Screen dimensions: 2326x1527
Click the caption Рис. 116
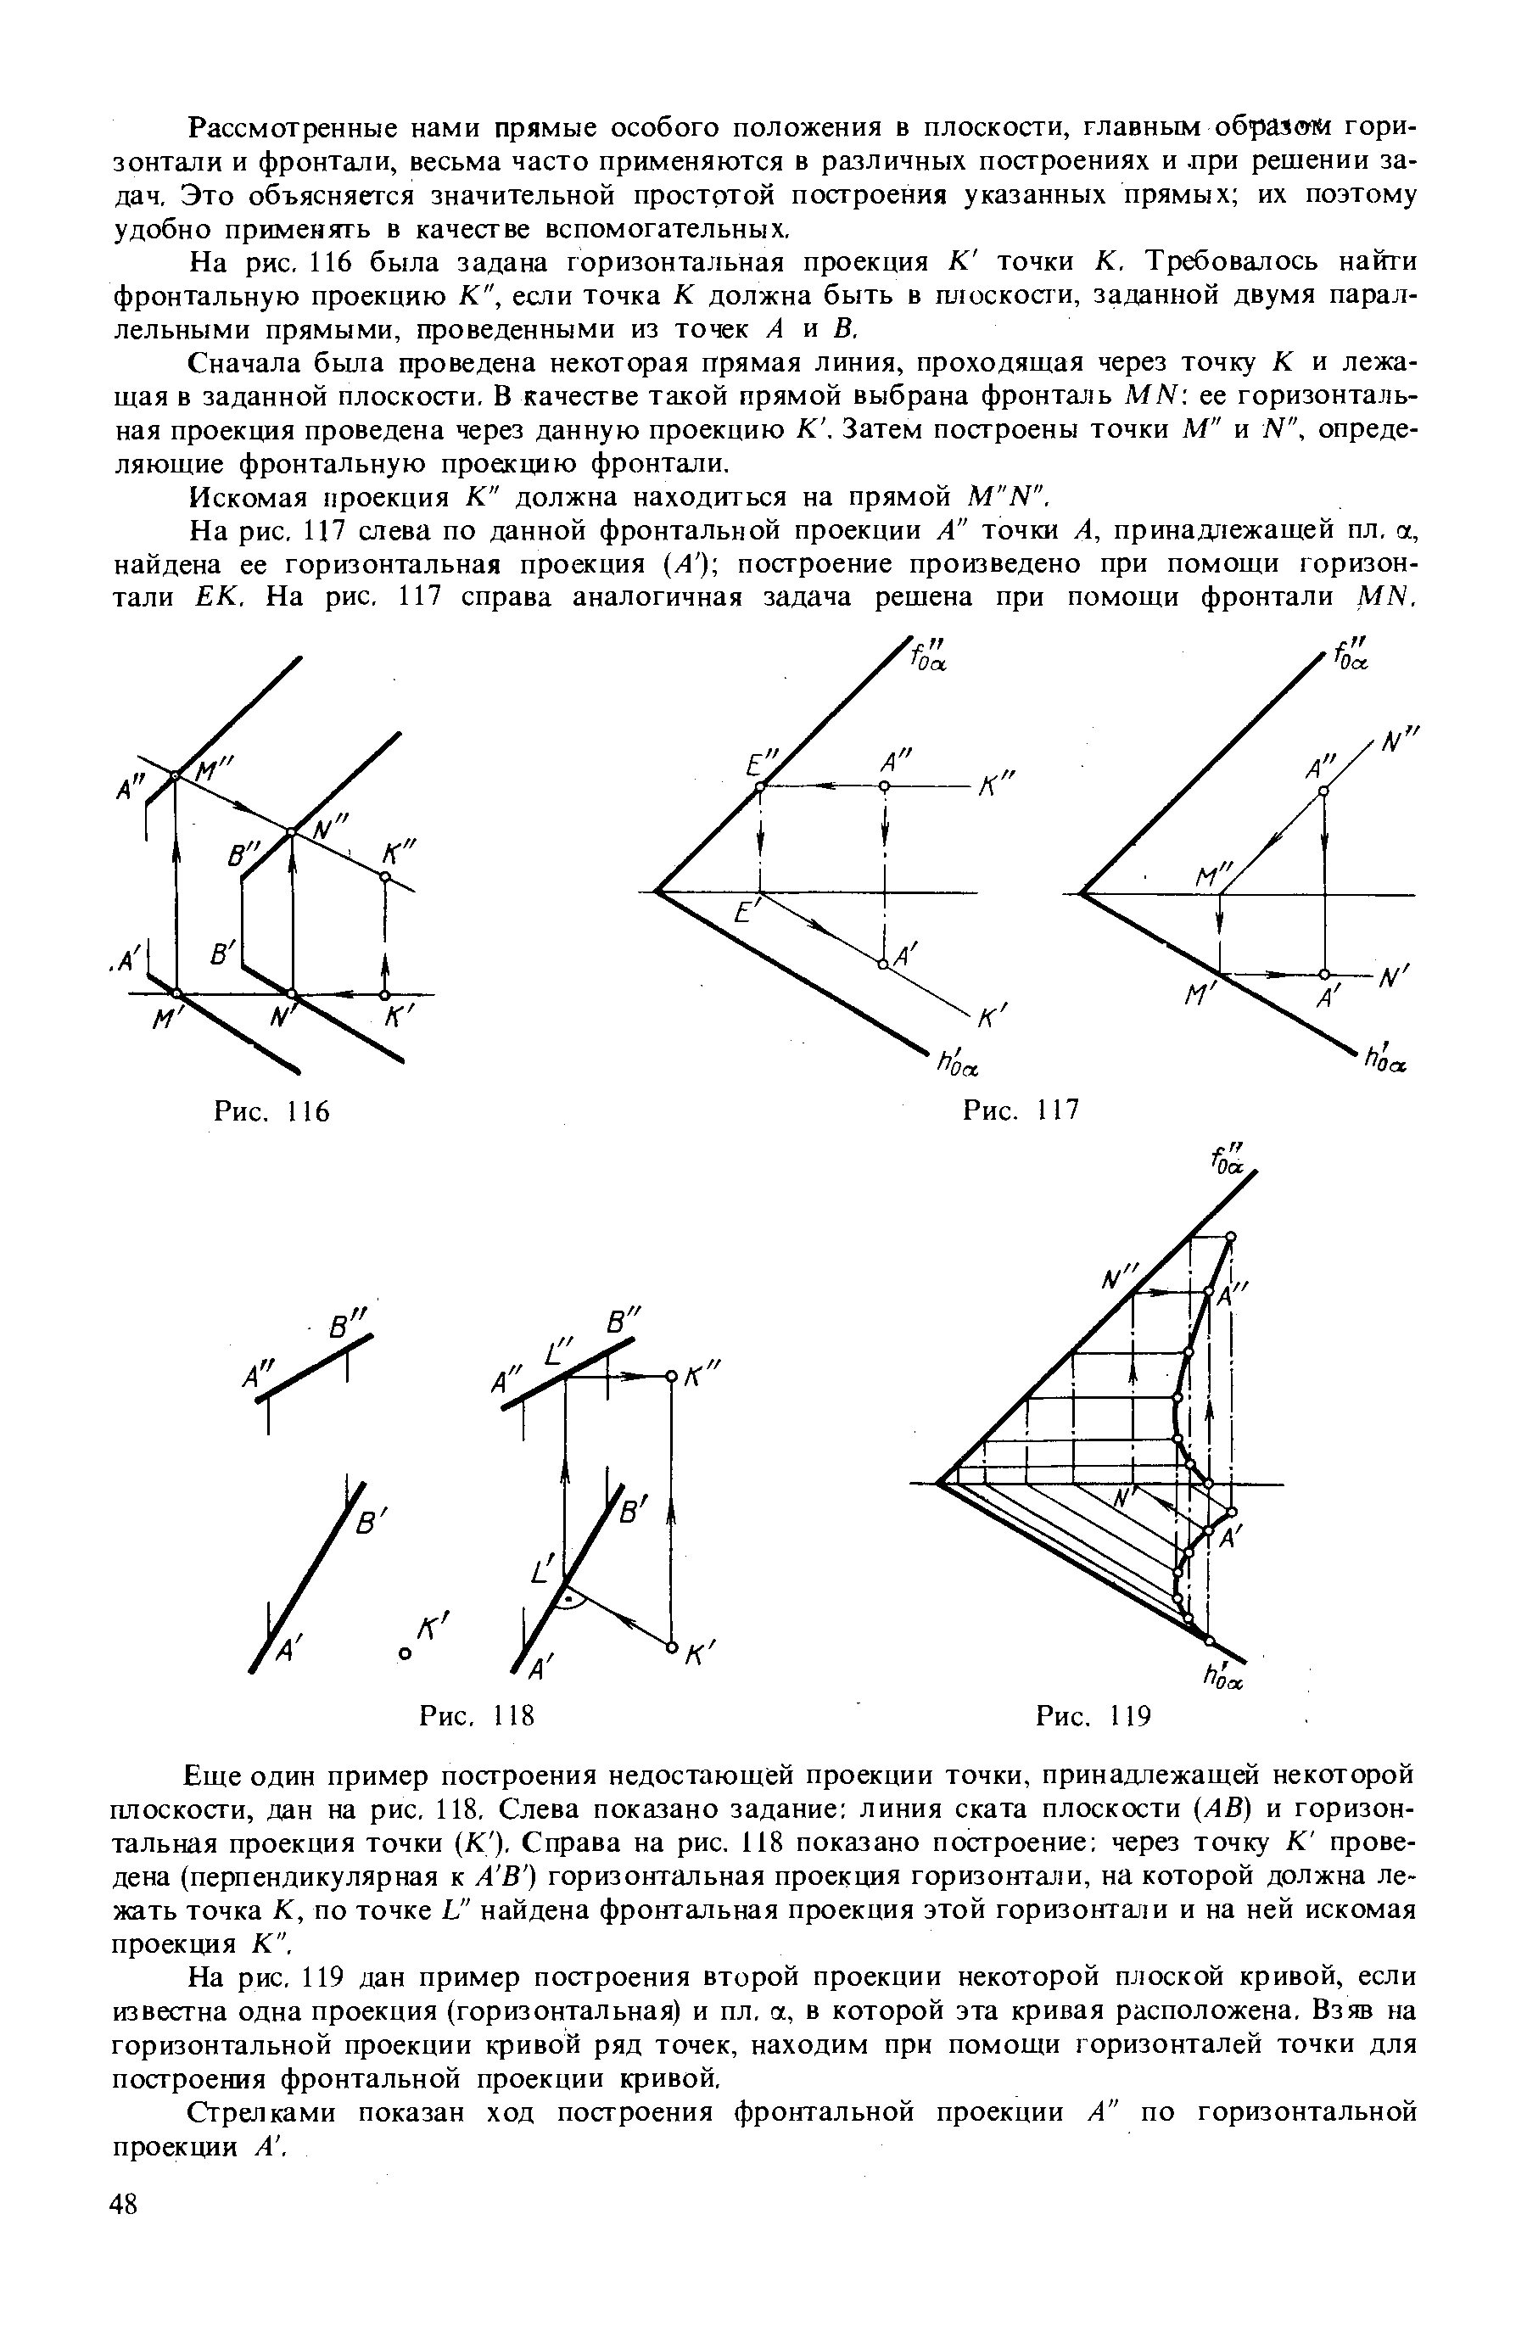pos(270,1111)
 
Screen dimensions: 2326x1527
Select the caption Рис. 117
pos(1020,1110)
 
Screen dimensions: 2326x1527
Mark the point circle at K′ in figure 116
pos(384,995)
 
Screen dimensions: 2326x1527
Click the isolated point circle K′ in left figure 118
pos(404,1652)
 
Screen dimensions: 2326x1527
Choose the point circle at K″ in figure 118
pos(671,1377)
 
